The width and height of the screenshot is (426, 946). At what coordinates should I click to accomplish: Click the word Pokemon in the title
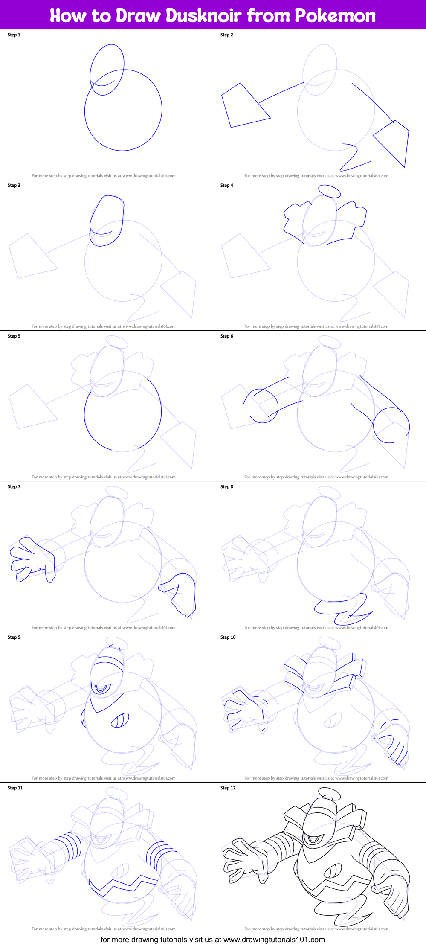pyautogui.click(x=335, y=16)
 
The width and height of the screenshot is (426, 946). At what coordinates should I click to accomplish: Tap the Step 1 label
pyautogui.click(x=14, y=35)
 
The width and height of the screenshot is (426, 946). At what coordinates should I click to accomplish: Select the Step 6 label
pyautogui.click(x=227, y=336)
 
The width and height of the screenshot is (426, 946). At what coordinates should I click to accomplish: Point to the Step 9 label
pyautogui.click(x=14, y=637)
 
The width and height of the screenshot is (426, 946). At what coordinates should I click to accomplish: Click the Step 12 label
pyautogui.click(x=228, y=788)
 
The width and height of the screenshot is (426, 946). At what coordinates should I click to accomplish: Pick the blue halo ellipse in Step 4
pyautogui.click(x=329, y=191)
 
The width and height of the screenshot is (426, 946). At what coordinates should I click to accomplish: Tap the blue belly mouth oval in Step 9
pyautogui.click(x=120, y=720)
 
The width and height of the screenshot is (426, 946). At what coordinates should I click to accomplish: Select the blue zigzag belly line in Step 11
pyautogui.click(x=124, y=884)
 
